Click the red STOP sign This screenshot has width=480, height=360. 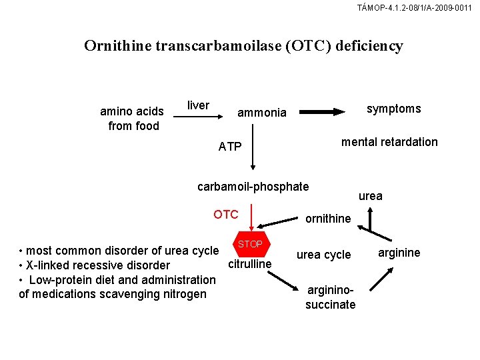[x=251, y=244]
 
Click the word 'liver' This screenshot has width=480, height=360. [x=198, y=105]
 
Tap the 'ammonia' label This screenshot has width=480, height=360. [x=262, y=113]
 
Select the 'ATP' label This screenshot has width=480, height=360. [x=230, y=147]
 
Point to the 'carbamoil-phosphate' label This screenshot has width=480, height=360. [x=253, y=186]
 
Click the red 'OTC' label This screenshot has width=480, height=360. [x=225, y=214]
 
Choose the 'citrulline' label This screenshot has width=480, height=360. [x=250, y=264]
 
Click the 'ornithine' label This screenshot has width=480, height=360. [x=328, y=218]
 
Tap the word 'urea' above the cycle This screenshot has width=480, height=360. [x=371, y=196]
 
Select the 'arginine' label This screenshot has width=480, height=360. [x=399, y=252]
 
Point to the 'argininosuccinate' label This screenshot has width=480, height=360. [x=331, y=297]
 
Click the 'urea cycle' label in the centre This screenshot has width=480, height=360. [x=323, y=255]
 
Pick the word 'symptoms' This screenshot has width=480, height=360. [x=394, y=108]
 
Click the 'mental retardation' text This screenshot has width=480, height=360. [x=389, y=141]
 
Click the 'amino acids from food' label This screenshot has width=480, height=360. [x=132, y=118]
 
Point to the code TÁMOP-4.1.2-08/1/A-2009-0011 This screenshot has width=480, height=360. [x=415, y=8]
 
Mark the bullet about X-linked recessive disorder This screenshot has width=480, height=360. [x=95, y=265]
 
